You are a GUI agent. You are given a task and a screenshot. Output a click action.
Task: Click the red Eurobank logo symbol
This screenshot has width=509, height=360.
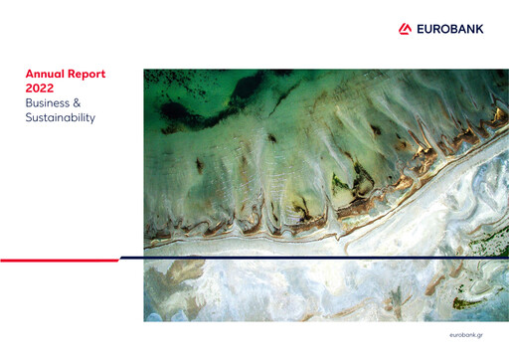point(405,28)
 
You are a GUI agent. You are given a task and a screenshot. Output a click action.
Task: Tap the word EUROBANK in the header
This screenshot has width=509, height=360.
point(448,28)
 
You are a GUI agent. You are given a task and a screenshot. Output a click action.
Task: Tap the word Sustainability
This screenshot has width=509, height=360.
point(61,118)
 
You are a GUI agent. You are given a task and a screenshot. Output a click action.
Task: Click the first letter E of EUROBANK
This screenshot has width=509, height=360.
point(418,28)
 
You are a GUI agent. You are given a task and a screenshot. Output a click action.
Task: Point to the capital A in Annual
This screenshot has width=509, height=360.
point(29,74)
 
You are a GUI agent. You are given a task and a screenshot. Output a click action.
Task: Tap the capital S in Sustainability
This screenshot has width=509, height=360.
point(29,118)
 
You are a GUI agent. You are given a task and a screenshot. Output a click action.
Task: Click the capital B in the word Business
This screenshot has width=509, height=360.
point(29,103)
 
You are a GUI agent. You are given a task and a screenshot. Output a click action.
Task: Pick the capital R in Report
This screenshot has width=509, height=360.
point(75,74)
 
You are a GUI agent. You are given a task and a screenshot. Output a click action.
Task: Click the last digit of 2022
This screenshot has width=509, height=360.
point(49,89)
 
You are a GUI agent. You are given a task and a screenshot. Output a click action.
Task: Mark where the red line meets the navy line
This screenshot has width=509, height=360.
point(118,259)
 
